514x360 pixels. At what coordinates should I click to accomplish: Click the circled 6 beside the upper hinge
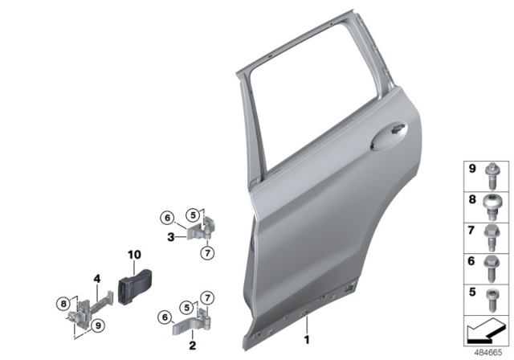click(x=166, y=217)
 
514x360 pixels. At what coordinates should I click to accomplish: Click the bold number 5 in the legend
click(x=471, y=292)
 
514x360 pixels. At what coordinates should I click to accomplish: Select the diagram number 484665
click(x=489, y=352)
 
